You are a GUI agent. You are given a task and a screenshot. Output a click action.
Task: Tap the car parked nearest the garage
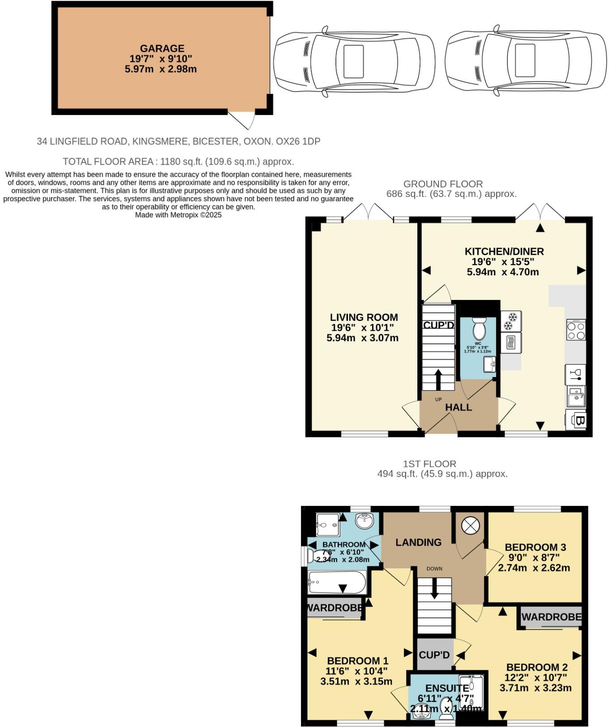tap(354, 61)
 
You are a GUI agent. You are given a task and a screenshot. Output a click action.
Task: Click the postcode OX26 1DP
tap(298, 141)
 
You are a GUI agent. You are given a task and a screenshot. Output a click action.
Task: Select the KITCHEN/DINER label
tap(504, 252)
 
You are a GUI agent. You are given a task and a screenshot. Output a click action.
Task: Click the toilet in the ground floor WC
tap(479, 329)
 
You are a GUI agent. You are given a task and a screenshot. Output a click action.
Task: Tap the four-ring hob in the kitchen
tap(576, 330)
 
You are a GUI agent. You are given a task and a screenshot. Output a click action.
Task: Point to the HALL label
tap(458, 407)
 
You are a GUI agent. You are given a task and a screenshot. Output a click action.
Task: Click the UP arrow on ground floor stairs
tap(438, 379)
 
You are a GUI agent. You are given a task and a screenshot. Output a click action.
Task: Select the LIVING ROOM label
tap(364, 317)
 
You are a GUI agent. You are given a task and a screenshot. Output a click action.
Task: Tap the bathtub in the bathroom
tap(337, 582)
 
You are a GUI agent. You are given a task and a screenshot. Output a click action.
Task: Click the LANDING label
tap(418, 543)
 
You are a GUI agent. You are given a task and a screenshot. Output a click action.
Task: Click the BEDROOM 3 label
tap(535, 547)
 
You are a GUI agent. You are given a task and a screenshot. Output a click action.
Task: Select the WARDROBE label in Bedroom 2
tap(551, 617)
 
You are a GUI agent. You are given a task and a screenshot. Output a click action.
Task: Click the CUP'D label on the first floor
tap(434, 655)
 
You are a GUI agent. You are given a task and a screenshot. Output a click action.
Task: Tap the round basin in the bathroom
tap(364, 521)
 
